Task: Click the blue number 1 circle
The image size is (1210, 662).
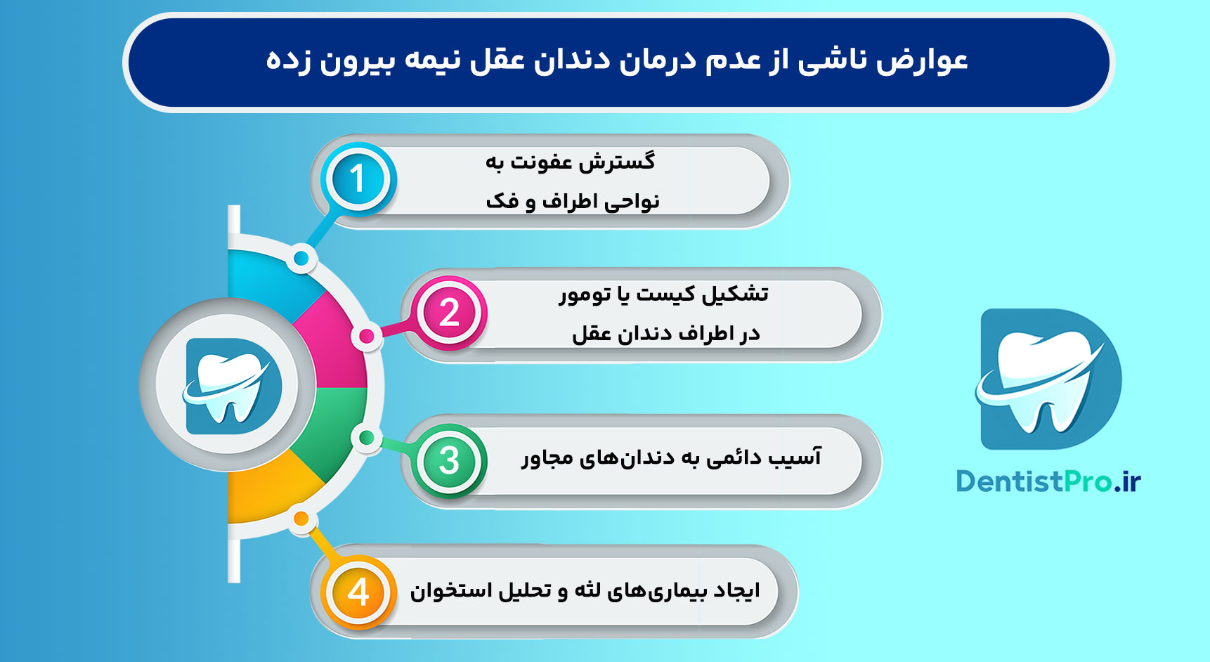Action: pos(358,179)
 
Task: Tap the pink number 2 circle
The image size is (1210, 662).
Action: pos(449,313)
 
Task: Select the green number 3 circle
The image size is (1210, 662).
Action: pos(449,461)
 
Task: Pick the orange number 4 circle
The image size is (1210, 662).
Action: pos(358,592)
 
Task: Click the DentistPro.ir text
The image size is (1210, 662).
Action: pos(1048,481)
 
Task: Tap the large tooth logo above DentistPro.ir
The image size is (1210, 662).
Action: pos(1048,379)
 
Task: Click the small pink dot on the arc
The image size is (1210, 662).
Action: pos(366,337)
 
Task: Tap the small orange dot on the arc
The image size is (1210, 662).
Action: pos(301,519)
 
